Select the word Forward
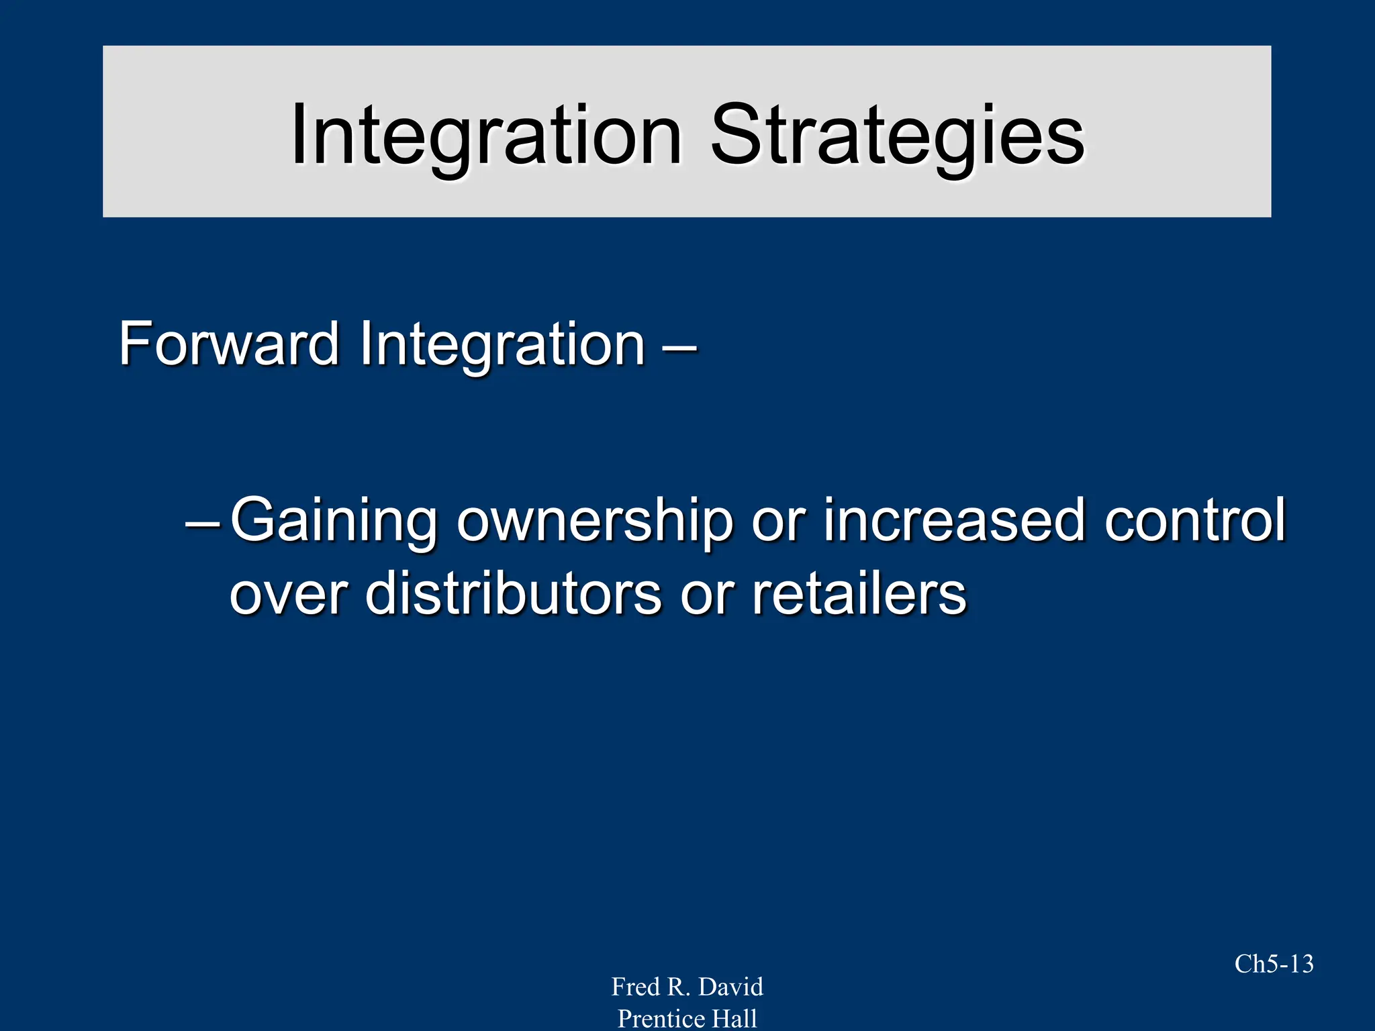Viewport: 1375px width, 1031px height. tap(228, 344)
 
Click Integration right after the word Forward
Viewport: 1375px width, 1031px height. tap(502, 344)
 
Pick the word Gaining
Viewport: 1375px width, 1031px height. tap(334, 521)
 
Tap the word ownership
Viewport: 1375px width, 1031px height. tap(595, 521)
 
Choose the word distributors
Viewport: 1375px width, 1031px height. tap(514, 593)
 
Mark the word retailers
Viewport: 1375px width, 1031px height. tap(859, 593)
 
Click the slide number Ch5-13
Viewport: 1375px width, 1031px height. tap(1274, 964)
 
